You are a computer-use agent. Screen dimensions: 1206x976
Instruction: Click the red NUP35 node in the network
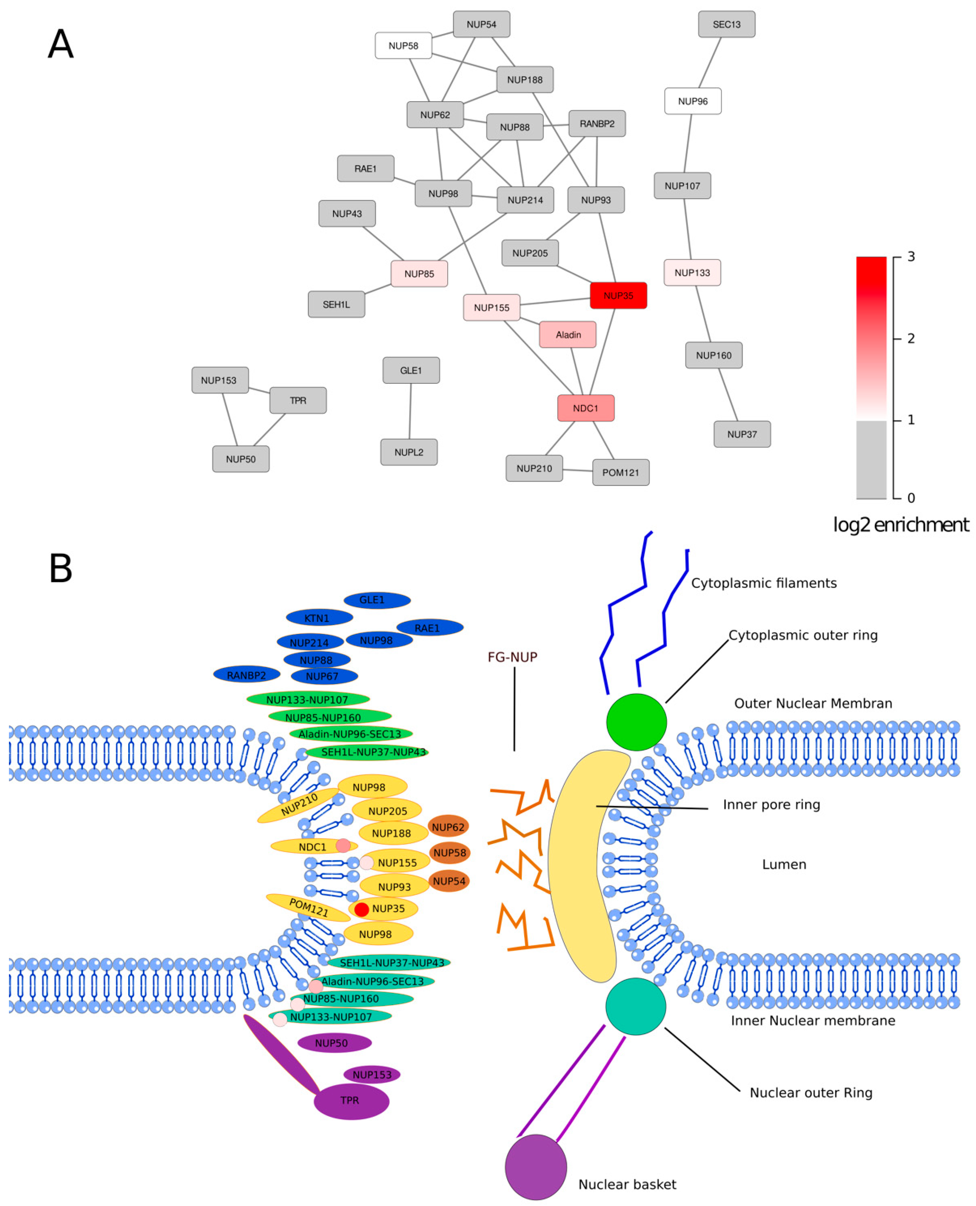[x=618, y=295]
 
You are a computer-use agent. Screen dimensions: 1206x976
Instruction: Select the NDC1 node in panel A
[x=585, y=408]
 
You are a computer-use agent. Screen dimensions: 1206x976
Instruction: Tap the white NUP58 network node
[x=403, y=46]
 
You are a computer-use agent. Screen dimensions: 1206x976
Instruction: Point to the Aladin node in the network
[x=567, y=335]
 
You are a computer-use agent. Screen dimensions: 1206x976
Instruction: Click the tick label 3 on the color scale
[x=911, y=257]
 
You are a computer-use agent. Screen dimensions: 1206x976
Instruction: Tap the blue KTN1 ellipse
[x=319, y=617]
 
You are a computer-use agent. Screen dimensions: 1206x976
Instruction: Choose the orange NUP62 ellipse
[x=448, y=826]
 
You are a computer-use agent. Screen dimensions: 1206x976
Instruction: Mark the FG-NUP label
[x=512, y=657]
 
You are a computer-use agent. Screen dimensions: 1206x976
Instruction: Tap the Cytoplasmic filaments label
[x=763, y=583]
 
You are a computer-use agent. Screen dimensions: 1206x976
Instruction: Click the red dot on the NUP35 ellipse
[x=361, y=909]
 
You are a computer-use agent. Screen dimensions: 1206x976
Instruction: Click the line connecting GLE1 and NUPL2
[x=410, y=411]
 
